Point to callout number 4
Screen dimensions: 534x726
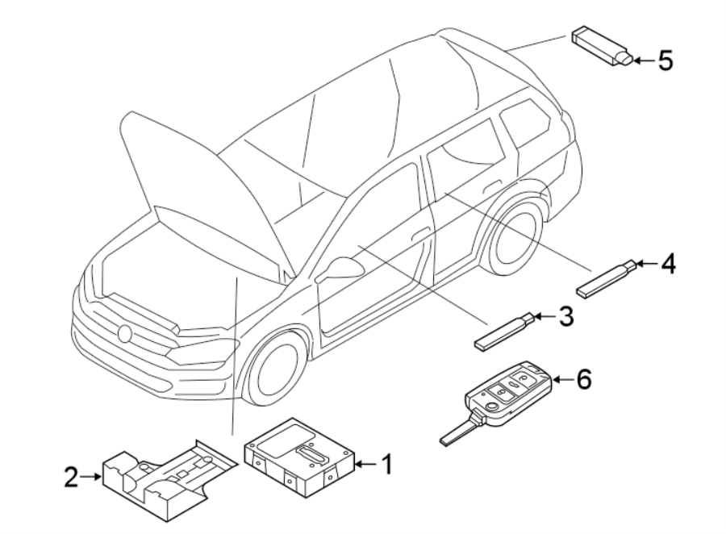point(667,263)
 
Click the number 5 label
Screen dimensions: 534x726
point(664,60)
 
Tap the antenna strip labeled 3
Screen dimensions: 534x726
point(501,331)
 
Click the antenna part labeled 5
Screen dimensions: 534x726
point(602,47)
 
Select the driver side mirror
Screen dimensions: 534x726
point(340,269)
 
